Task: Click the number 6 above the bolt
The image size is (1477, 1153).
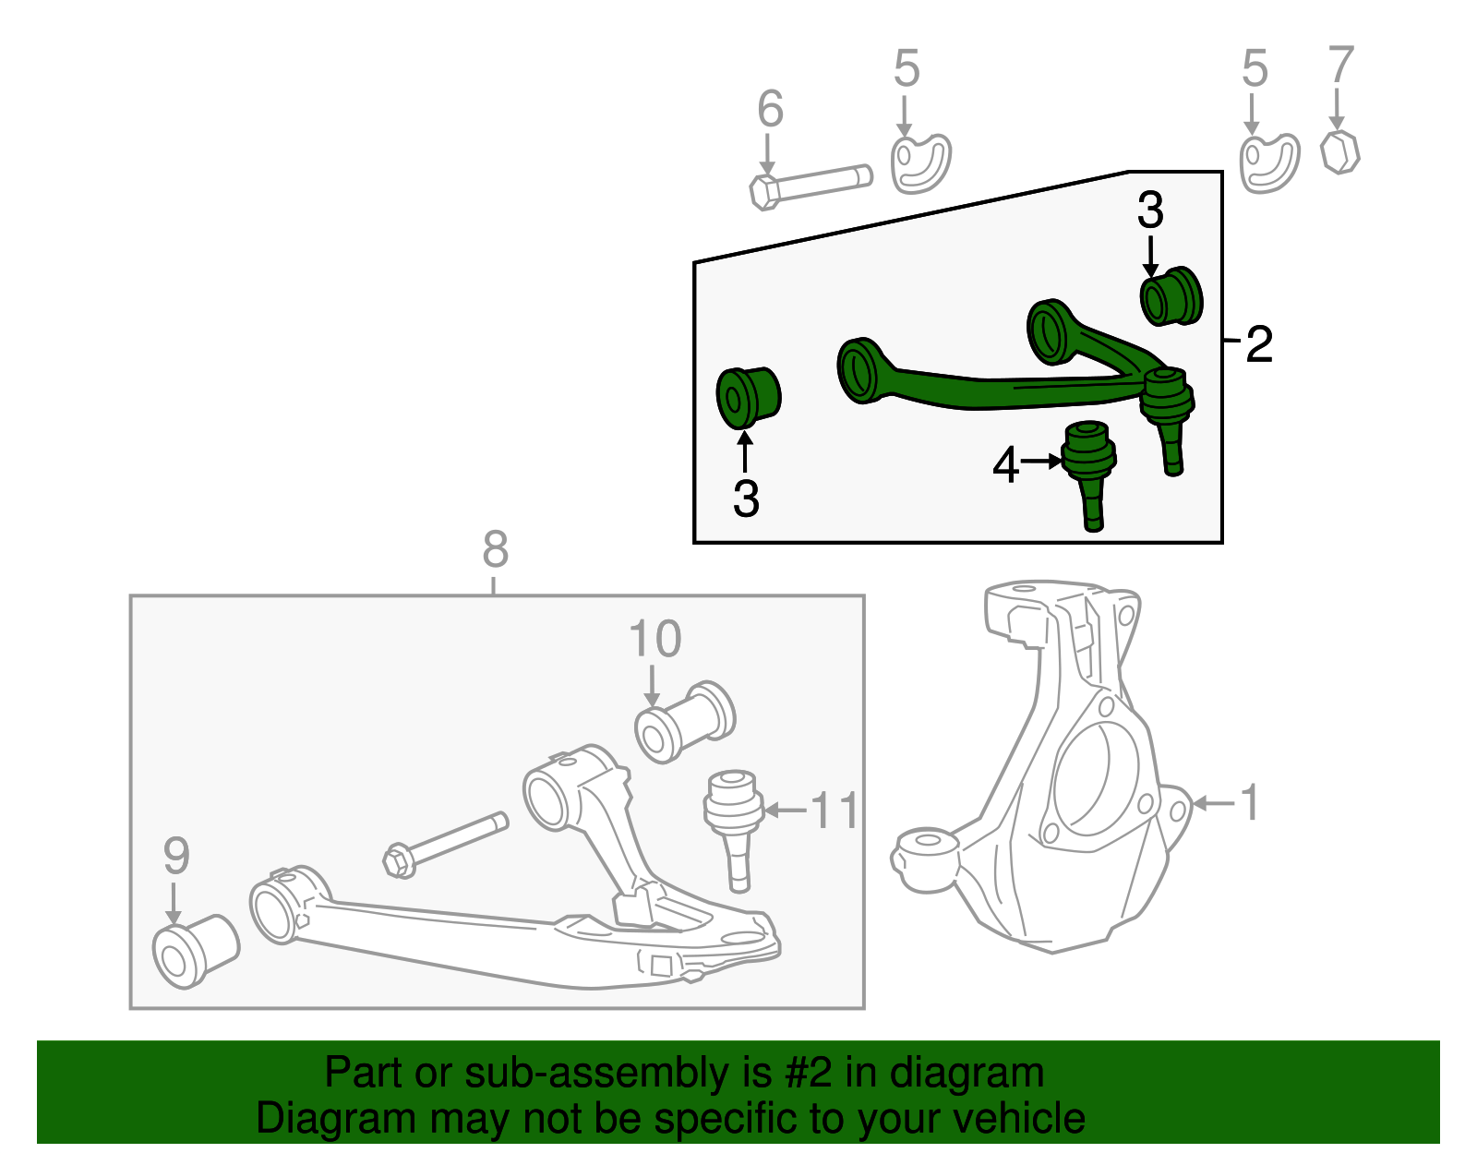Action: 770,109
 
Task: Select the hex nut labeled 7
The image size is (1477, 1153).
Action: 1339,152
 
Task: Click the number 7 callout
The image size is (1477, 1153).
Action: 1340,66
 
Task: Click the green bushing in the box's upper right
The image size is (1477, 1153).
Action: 1171,295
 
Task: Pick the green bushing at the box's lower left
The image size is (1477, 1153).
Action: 748,397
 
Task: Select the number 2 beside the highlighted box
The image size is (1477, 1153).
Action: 1259,345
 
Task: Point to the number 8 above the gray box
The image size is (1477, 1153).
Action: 496,550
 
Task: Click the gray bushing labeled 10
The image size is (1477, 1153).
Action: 685,724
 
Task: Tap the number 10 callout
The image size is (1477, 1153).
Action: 654,639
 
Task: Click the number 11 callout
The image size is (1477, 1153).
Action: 835,811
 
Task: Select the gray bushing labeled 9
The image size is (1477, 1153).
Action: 195,951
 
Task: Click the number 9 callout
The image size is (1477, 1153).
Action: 175,856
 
